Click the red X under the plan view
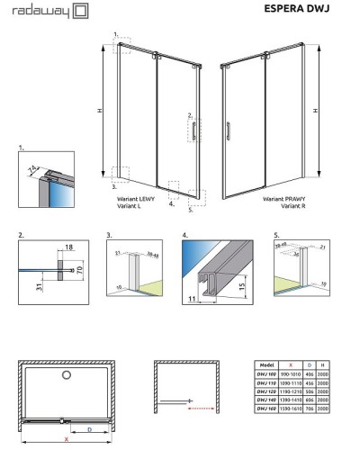[64, 440]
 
